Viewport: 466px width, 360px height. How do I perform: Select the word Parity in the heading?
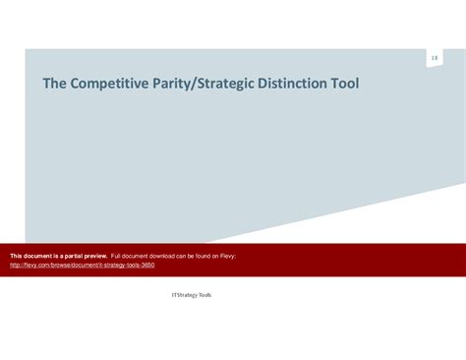click(168, 84)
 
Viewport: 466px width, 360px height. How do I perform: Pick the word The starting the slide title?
click(53, 84)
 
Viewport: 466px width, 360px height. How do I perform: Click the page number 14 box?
click(434, 59)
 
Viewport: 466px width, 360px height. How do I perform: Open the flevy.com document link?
click(82, 265)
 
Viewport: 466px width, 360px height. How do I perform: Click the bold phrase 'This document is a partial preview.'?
click(58, 256)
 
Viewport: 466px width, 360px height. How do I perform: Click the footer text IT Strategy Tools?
click(191, 294)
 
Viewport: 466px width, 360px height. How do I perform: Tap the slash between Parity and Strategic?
click(193, 84)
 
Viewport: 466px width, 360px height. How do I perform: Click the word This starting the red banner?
click(17, 256)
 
